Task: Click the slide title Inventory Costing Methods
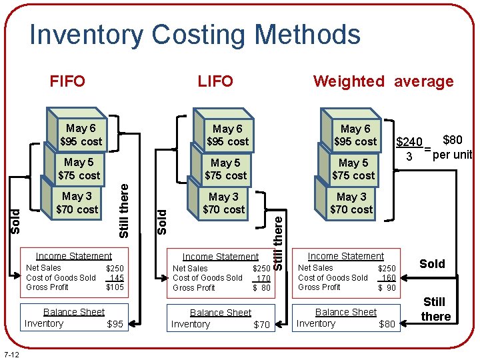(x=195, y=35)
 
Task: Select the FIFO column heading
(x=67, y=81)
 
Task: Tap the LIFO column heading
(x=215, y=81)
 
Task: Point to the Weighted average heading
(x=383, y=81)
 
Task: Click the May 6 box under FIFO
(x=81, y=135)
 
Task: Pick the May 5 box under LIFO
(x=225, y=169)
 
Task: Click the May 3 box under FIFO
(x=77, y=203)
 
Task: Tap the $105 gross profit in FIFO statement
(x=115, y=287)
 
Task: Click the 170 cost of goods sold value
(x=263, y=278)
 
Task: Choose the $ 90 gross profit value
(x=387, y=288)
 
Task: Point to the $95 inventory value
(x=115, y=325)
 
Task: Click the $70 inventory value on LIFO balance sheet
(x=262, y=325)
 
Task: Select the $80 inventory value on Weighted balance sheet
(x=387, y=325)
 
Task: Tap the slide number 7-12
(x=11, y=353)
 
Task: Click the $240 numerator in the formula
(x=409, y=142)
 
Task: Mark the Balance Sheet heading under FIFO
(x=74, y=312)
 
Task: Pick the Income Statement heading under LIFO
(x=220, y=257)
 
